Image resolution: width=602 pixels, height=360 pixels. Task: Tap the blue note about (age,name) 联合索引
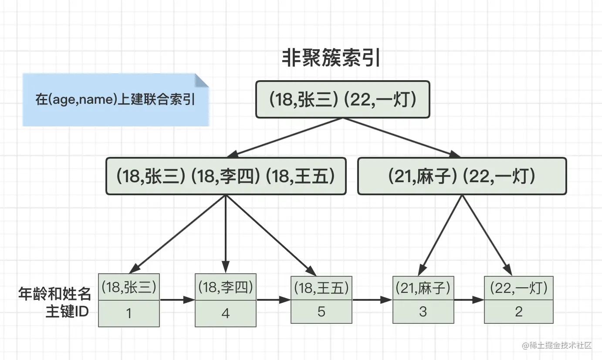[115, 100]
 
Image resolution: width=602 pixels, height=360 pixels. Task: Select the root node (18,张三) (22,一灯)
[342, 99]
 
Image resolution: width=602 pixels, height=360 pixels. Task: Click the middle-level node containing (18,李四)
[226, 176]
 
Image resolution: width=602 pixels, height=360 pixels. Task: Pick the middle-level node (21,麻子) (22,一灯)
[462, 176]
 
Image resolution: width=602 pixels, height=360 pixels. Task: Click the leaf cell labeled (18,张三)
[129, 287]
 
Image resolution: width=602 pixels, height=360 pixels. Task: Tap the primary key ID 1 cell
[129, 313]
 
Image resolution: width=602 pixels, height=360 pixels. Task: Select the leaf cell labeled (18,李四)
[226, 287]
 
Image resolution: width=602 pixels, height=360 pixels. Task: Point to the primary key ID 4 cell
[226, 313]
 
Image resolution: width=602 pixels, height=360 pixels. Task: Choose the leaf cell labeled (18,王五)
[321, 287]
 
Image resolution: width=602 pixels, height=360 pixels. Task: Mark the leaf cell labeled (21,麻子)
[423, 288]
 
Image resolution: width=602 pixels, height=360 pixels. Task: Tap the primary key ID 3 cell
[423, 312]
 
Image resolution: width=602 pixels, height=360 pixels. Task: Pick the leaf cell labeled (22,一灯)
[519, 288]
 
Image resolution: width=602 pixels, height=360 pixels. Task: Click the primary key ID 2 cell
[519, 312]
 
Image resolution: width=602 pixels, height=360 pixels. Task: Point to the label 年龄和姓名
[55, 294]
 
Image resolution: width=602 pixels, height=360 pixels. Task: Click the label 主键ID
[67, 312]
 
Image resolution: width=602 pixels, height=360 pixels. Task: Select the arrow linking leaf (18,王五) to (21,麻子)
[372, 300]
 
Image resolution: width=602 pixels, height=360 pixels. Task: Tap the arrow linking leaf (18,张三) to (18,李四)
[177, 300]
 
